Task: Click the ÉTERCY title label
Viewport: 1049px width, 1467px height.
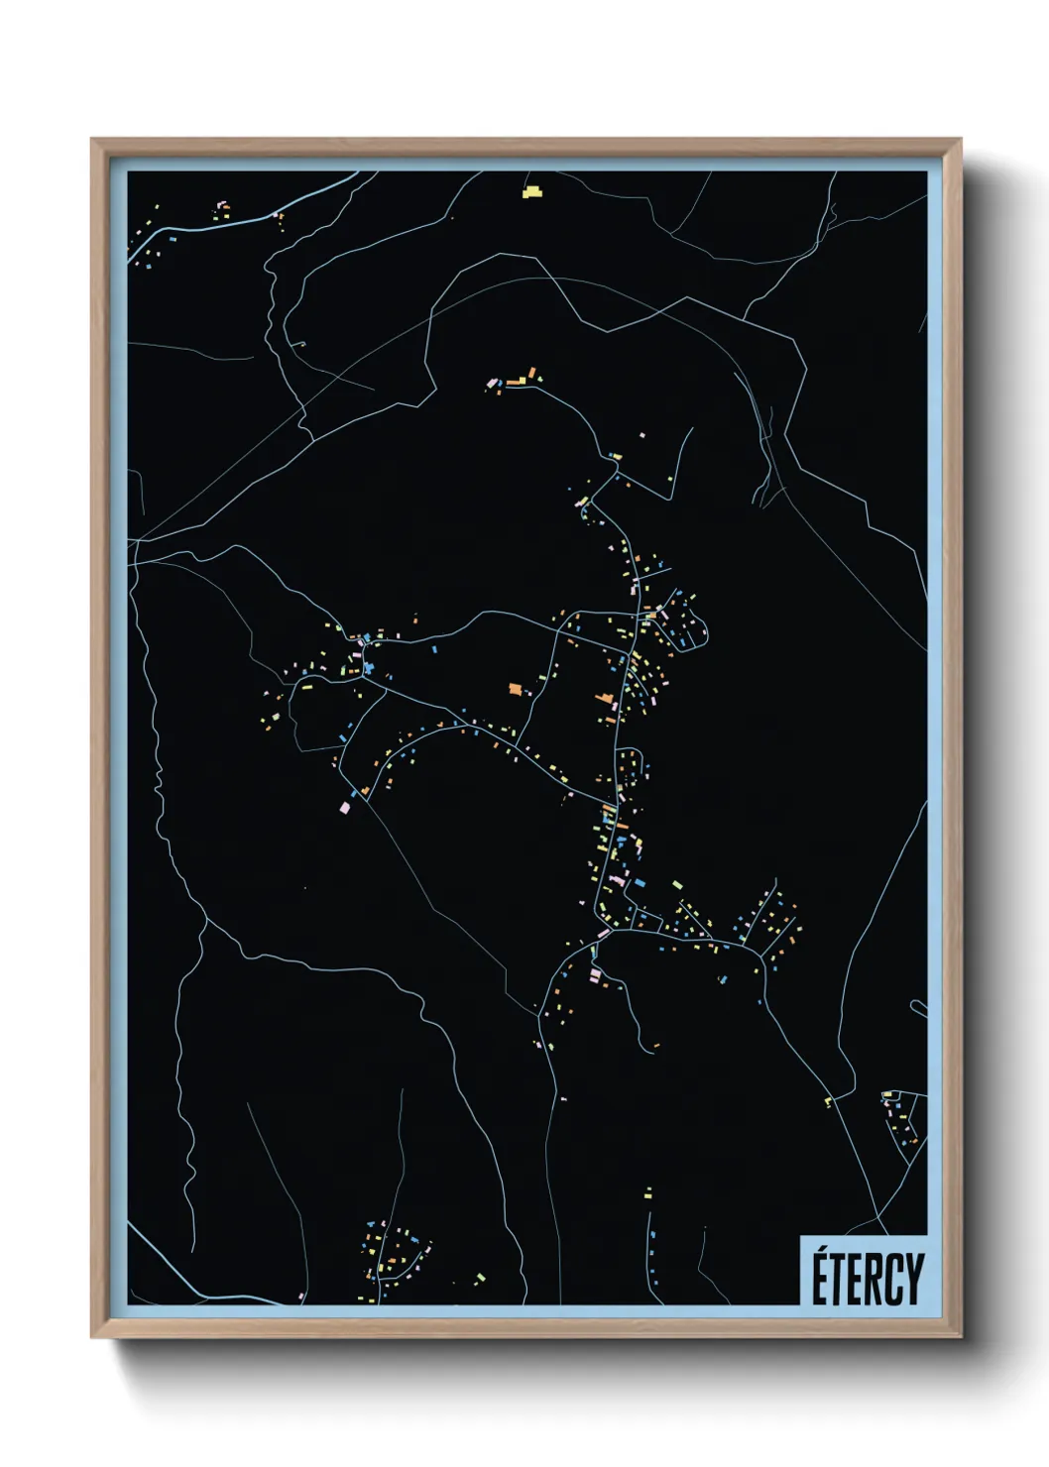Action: [x=867, y=1279]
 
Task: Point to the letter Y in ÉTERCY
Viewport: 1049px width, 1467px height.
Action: [x=913, y=1280]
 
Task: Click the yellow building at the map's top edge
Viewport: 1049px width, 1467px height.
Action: [x=532, y=191]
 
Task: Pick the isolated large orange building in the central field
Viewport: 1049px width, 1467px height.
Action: [x=515, y=688]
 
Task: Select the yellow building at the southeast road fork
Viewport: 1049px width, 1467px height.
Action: [x=828, y=1101]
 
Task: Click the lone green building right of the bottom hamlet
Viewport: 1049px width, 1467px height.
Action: [x=481, y=1277]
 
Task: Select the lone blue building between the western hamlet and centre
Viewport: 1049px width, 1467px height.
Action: [x=434, y=649]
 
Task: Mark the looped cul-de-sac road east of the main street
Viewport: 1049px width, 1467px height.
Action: [x=692, y=622]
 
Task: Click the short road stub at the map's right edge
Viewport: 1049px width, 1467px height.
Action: [x=919, y=1008]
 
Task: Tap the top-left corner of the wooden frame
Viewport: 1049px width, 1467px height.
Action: [x=94, y=142]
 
